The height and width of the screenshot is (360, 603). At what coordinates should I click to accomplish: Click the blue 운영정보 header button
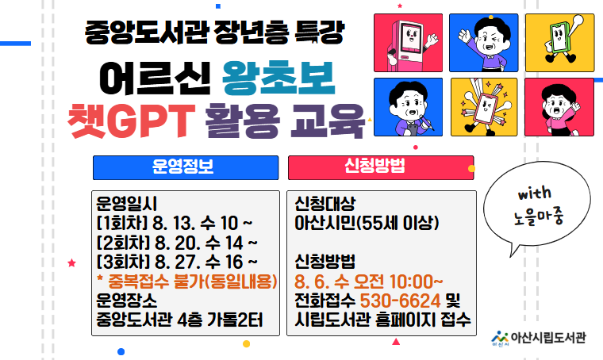pos(186,167)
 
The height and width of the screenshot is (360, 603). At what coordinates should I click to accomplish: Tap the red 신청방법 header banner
pos(381,167)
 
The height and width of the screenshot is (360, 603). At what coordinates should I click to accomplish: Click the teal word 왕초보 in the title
pos(278,79)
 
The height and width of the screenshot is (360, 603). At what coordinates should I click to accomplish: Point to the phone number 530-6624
pos(400,301)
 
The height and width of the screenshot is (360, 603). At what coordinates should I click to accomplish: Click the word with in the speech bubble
pos(534,193)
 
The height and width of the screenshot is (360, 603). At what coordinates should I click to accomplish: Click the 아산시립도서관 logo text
pos(548,338)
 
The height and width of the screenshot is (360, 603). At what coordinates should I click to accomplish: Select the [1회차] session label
pos(122,223)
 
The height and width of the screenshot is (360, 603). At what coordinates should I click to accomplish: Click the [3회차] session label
pos(123,262)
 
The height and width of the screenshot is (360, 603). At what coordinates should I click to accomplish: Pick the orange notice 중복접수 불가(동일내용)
pos(187,281)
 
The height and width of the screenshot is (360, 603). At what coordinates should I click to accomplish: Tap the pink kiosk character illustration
pos(408,43)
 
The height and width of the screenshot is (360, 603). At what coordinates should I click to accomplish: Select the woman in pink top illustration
pos(559,107)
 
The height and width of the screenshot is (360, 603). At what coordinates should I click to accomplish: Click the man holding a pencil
pos(408,107)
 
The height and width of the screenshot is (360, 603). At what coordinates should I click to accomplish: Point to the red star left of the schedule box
pos(71,263)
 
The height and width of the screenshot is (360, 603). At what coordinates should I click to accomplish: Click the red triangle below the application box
pos(396,341)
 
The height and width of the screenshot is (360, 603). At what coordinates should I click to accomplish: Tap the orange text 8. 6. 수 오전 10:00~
pos(368,281)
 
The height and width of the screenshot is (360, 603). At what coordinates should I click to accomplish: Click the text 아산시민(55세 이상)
pos(367,223)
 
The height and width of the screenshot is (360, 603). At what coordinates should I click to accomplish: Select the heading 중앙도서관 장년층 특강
pos(213,33)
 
